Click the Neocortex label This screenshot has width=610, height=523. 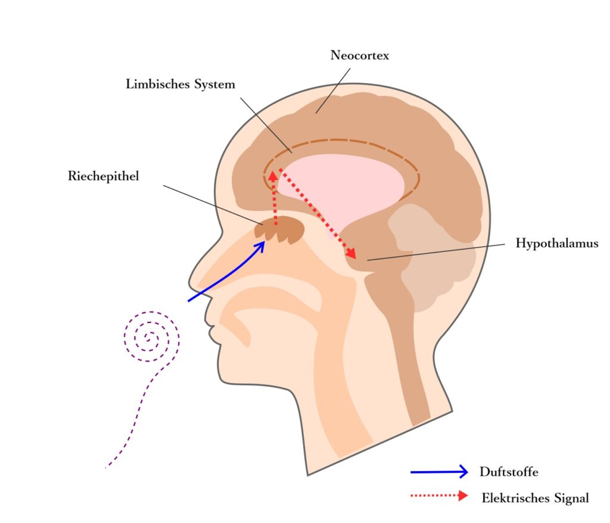359,56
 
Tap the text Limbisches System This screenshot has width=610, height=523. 180,85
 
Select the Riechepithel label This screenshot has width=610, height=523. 104,176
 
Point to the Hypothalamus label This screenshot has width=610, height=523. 556,244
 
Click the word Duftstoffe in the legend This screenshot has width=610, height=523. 509,472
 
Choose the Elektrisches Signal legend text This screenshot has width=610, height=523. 535,498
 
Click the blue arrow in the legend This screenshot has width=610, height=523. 439,472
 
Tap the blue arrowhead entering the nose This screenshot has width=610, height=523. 260,246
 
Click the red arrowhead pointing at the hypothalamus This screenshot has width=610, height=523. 351,254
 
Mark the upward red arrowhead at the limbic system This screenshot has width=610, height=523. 273,175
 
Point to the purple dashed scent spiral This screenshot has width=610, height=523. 151,337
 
